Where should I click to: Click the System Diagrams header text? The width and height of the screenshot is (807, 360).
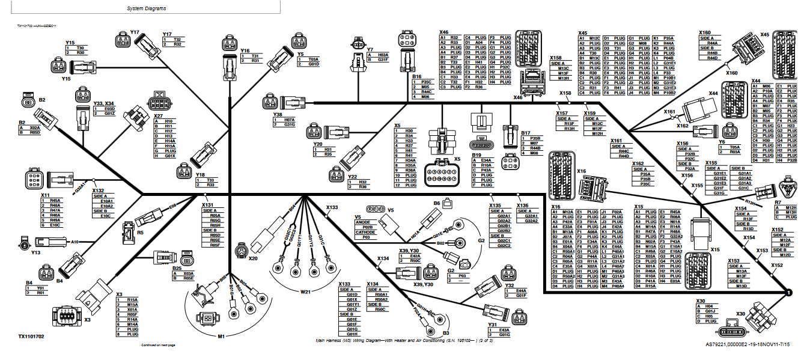[147, 9]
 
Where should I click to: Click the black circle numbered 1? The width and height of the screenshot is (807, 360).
[786, 293]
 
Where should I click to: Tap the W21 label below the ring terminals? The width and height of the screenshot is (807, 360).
[305, 292]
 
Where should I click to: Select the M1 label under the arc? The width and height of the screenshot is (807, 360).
[221, 336]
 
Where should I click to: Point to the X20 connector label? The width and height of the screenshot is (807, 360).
[252, 258]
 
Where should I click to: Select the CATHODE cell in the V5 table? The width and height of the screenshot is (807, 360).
[365, 232]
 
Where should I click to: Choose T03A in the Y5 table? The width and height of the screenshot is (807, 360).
[312, 59]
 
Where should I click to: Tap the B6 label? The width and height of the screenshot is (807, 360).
[437, 203]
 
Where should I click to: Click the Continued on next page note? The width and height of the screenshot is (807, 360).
[158, 346]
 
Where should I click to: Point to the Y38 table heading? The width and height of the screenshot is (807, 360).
[277, 114]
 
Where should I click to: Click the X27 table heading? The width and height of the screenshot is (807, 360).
[159, 115]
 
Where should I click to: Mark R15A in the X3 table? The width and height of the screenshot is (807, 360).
[132, 299]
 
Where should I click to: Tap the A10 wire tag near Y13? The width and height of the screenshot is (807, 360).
[75, 242]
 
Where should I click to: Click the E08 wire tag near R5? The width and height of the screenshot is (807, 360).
[172, 206]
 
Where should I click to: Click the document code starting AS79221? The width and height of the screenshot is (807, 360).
[748, 345]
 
